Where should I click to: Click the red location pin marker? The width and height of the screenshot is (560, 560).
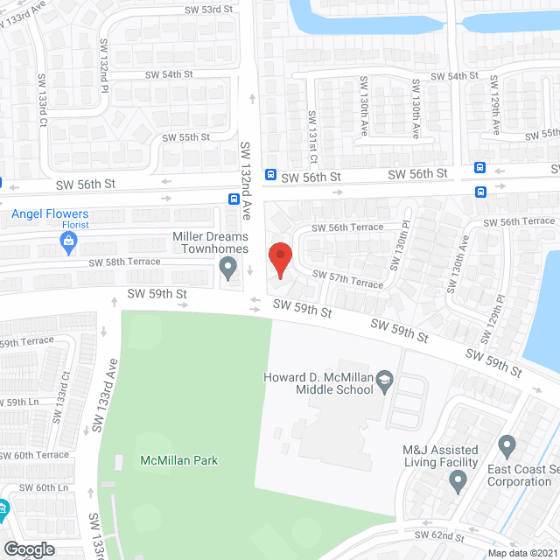tap(279, 261)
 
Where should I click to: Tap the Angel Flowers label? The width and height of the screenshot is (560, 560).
tap(50, 213)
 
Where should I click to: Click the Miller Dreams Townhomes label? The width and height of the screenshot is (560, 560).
tap(210, 242)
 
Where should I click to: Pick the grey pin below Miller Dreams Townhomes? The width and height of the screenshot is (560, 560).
tap(228, 270)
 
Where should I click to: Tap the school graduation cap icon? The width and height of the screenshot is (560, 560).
tap(384, 381)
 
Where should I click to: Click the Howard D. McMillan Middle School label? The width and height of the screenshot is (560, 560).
tap(319, 383)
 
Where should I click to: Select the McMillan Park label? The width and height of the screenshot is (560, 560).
tap(178, 460)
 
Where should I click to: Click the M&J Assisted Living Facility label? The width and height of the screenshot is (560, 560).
tap(440, 456)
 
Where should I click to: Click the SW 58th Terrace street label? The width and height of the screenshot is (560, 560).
tap(123, 262)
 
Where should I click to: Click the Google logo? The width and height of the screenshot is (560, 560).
tap(30, 549)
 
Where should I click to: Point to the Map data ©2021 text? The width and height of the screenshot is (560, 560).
tap(521, 553)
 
